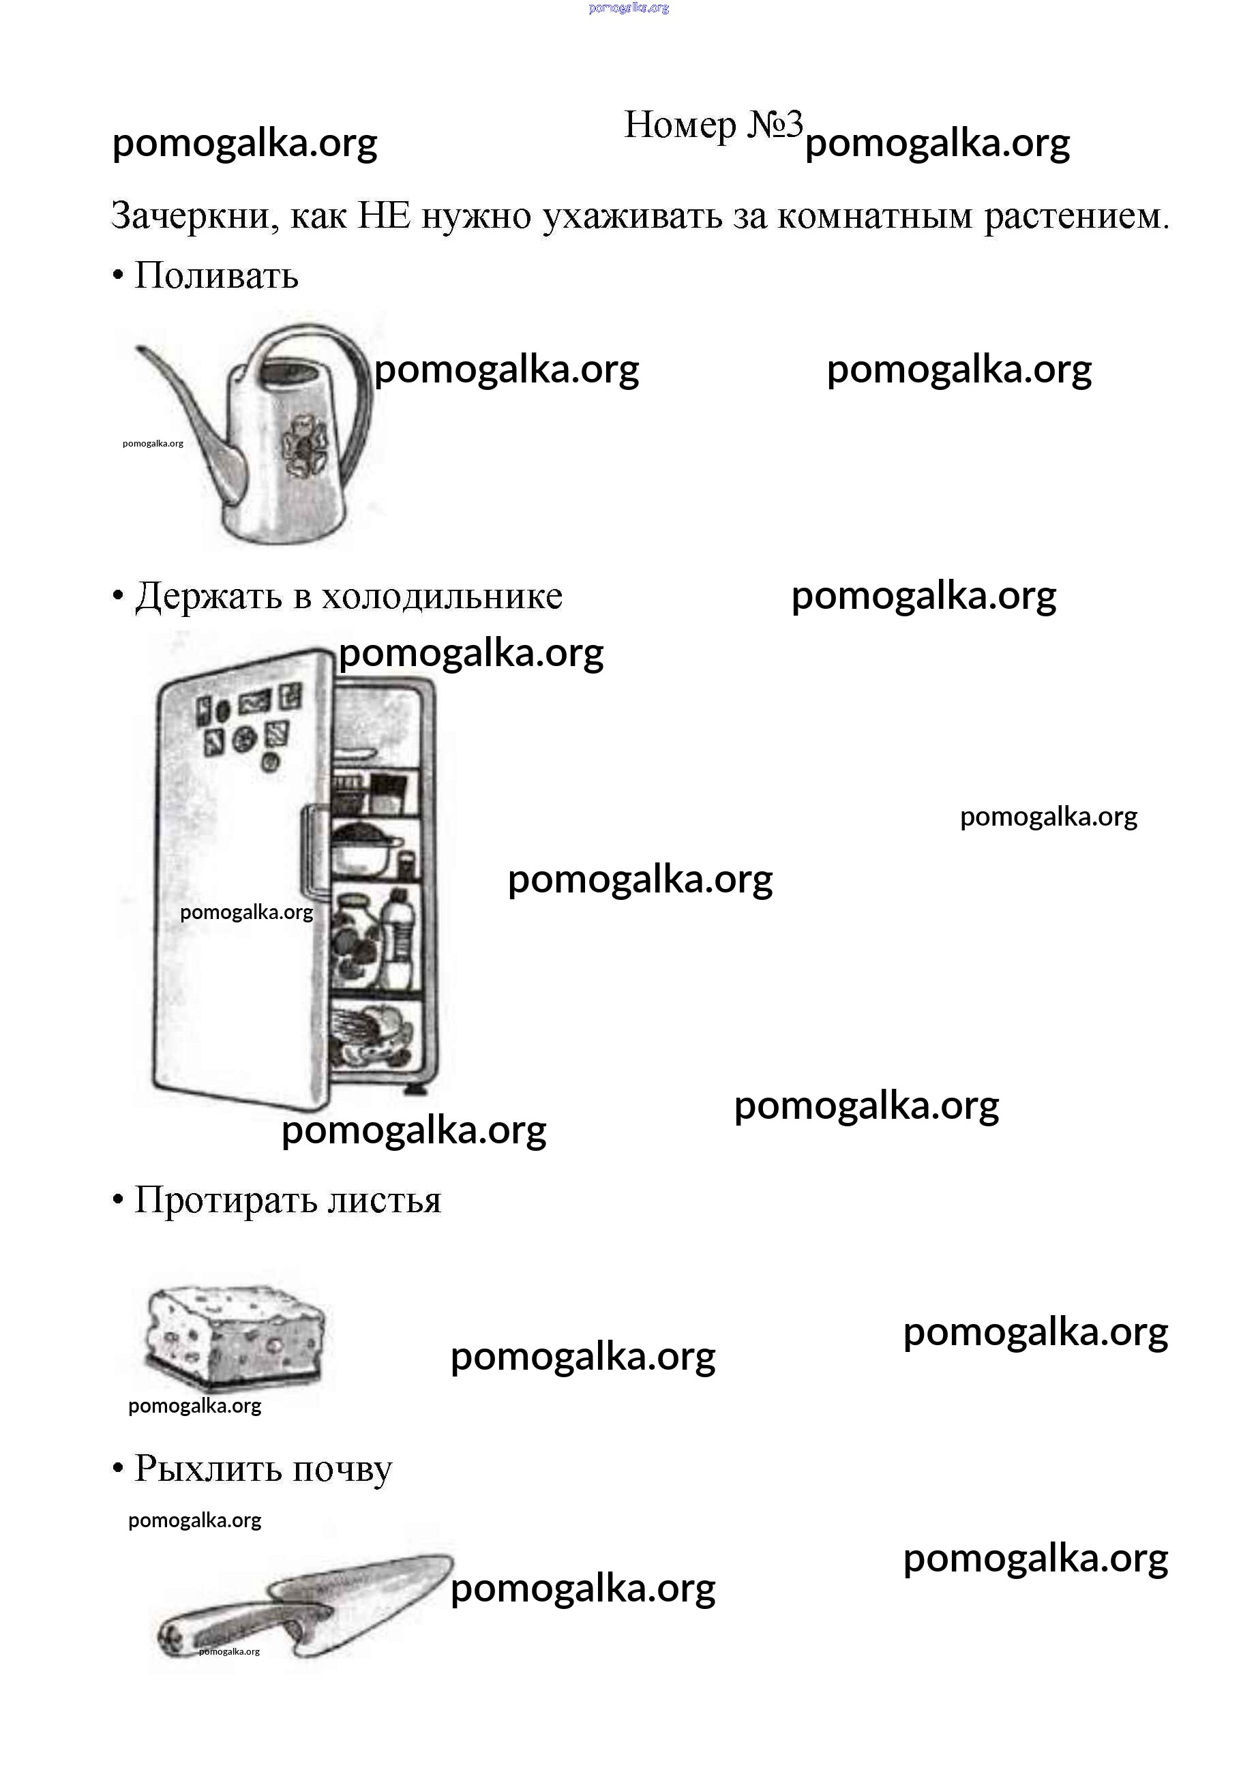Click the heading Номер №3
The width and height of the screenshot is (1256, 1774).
pyautogui.click(x=713, y=125)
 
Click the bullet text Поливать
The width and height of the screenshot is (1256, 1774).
pyautogui.click(x=217, y=275)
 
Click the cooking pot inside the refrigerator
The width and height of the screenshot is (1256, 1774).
pyautogui.click(x=365, y=847)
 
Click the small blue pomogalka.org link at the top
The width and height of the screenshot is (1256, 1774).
pyautogui.click(x=629, y=7)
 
